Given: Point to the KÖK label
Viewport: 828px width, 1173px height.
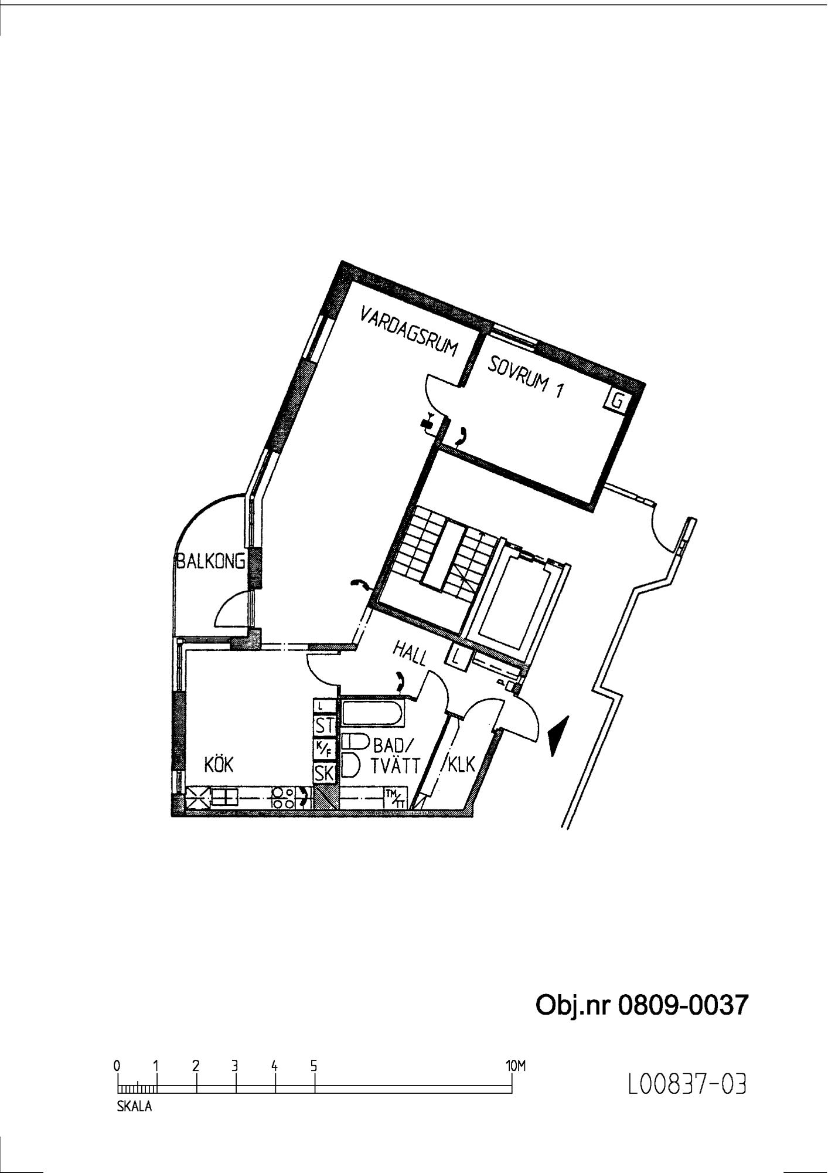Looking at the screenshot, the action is pyautogui.click(x=219, y=765).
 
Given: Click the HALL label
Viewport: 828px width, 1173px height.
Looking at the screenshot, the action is pyautogui.click(x=410, y=653).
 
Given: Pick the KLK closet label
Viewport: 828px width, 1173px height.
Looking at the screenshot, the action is pyautogui.click(x=461, y=765).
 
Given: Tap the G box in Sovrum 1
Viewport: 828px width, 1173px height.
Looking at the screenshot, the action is pyautogui.click(x=617, y=401).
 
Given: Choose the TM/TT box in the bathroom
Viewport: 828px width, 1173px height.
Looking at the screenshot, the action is pyautogui.click(x=395, y=798).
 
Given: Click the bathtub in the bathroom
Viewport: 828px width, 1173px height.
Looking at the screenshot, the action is pyautogui.click(x=372, y=713).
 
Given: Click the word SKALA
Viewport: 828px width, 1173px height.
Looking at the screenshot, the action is pyautogui.click(x=135, y=1107).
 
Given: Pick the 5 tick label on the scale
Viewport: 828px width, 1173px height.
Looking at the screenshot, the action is pyautogui.click(x=314, y=1065).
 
